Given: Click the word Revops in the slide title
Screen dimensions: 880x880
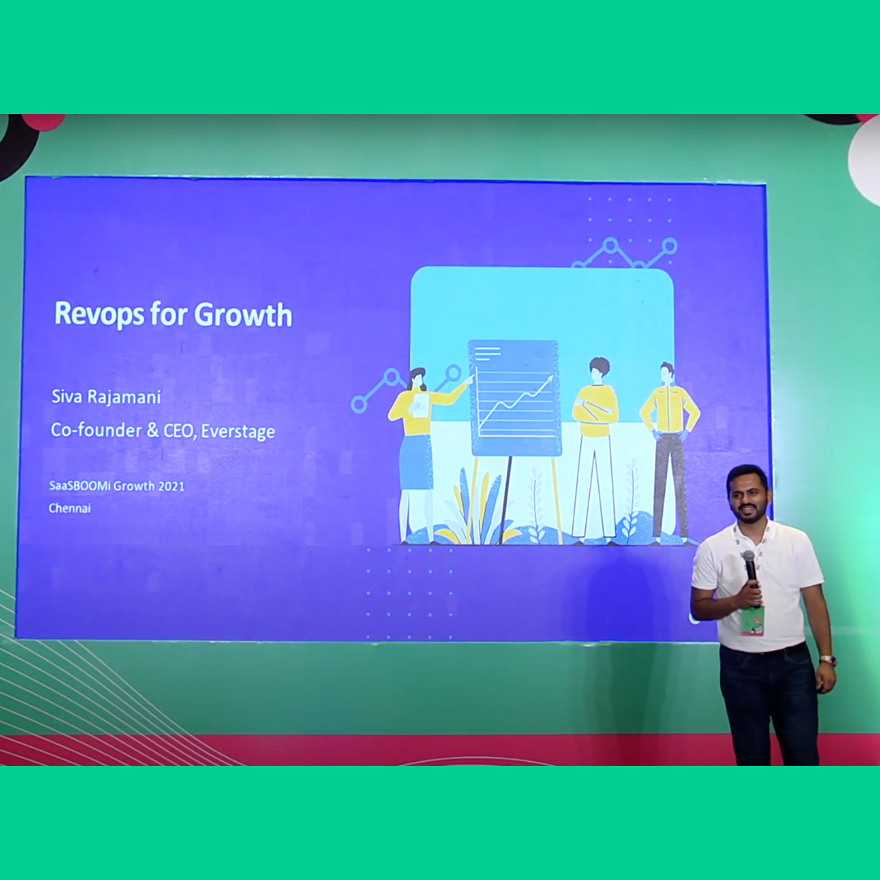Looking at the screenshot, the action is coord(99,315).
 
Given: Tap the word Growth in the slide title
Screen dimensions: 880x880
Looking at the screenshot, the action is coord(243,315).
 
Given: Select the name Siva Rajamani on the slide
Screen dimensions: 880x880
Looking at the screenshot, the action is coord(106,397).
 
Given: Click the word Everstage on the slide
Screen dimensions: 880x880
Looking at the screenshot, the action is coord(238,431).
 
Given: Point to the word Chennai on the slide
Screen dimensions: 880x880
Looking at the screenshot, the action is coord(69,508).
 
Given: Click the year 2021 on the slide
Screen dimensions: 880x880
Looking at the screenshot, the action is coord(171,486).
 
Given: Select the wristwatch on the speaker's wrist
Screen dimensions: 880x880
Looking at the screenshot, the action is coord(827,659).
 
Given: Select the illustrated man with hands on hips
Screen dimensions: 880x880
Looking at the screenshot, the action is coord(670,452).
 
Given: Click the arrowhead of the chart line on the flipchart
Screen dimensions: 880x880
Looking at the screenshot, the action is coord(550,379).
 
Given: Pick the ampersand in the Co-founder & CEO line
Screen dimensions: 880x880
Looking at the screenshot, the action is coord(152,430).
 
